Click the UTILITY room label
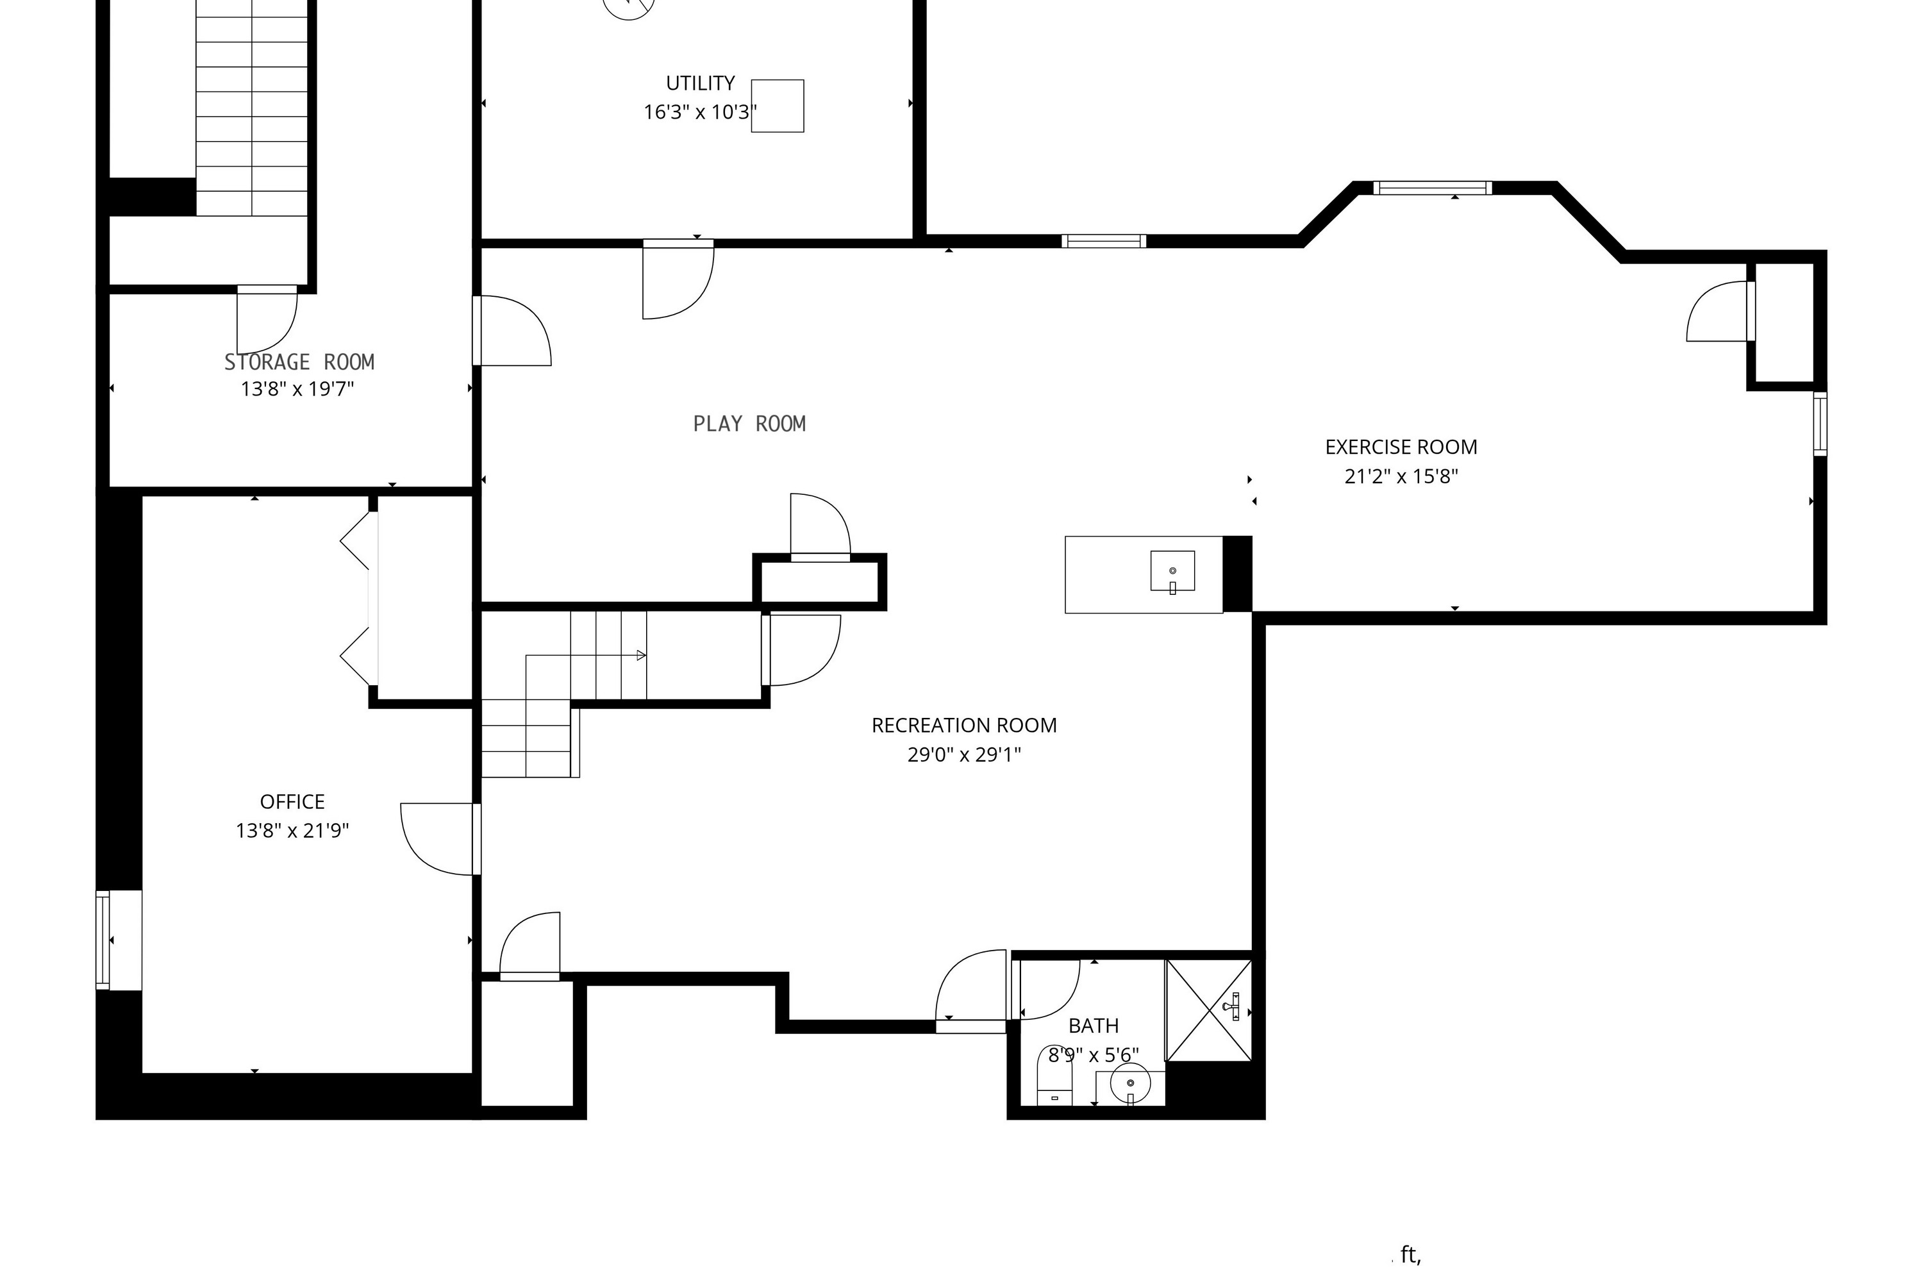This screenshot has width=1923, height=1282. pyautogui.click(x=700, y=83)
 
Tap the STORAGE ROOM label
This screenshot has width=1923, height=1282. pyautogui.click(x=299, y=362)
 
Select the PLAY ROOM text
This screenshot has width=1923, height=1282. pyautogui.click(x=750, y=424)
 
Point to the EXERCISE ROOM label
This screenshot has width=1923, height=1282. pyautogui.click(x=1401, y=447)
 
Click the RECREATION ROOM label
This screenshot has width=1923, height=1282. pyautogui.click(x=964, y=725)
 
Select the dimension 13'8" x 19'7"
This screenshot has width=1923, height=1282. pyautogui.click(x=297, y=388)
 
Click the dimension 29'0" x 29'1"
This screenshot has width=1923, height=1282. pyautogui.click(x=964, y=754)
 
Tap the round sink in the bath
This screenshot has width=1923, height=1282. pyautogui.click(x=1130, y=1084)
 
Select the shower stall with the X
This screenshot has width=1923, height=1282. pyautogui.click(x=1208, y=1011)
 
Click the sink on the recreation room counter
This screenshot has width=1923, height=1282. pyautogui.click(x=1172, y=570)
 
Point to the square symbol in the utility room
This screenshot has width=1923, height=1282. pyautogui.click(x=778, y=106)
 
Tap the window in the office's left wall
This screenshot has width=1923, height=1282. pyautogui.click(x=103, y=940)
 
